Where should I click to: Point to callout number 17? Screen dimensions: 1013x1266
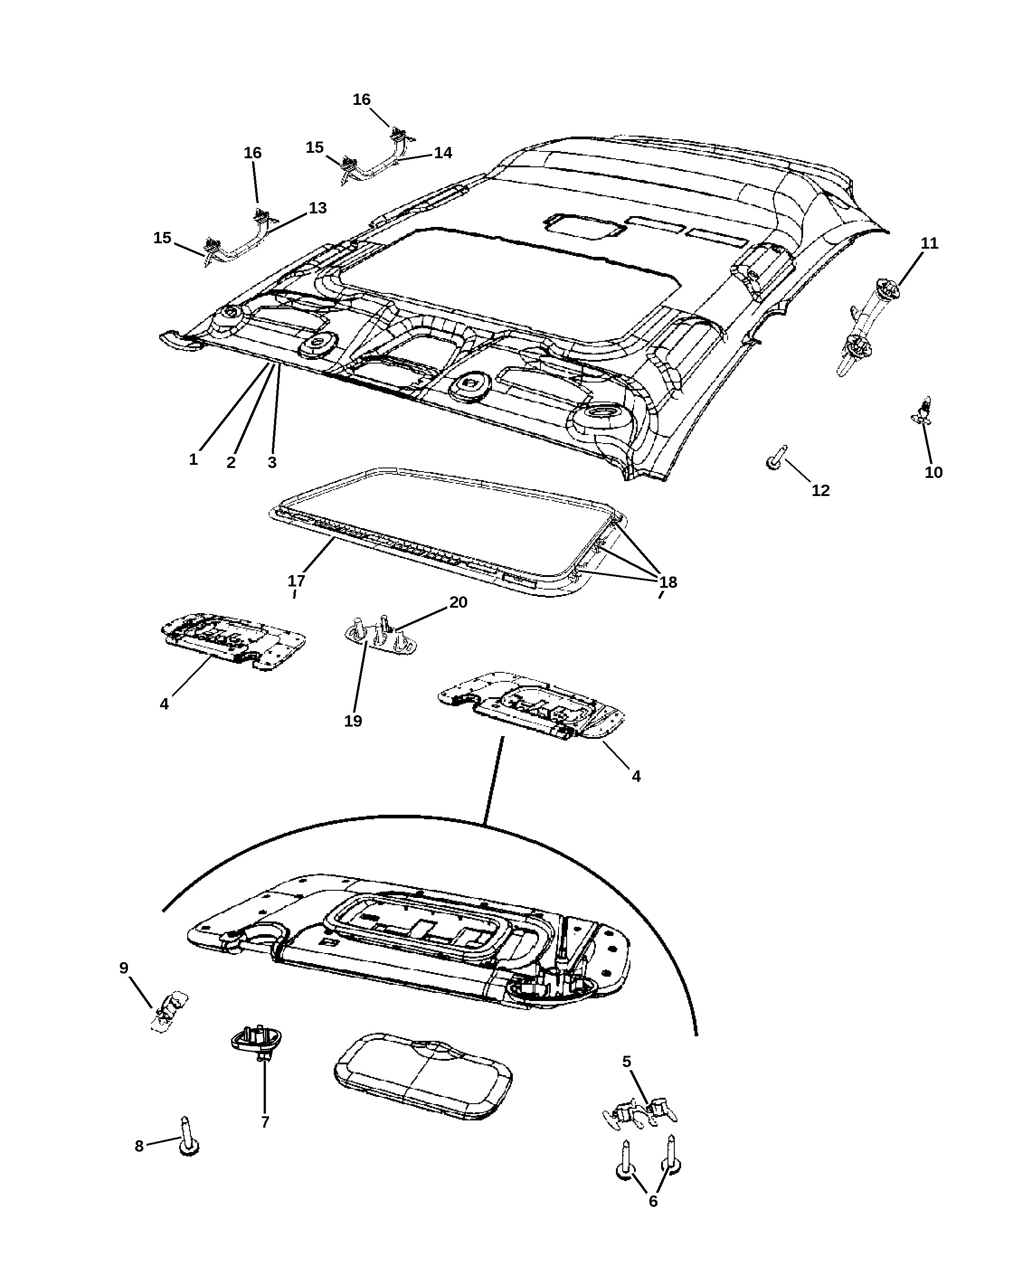pos(297,581)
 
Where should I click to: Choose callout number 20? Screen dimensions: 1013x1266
pos(459,602)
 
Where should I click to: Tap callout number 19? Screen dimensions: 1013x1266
pos(353,721)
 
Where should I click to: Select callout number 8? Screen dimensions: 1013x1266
pos(139,1146)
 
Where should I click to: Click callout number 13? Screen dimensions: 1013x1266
pos(318,208)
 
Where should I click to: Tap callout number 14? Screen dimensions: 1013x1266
pos(443,153)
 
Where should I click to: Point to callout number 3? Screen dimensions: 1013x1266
pos(272,463)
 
